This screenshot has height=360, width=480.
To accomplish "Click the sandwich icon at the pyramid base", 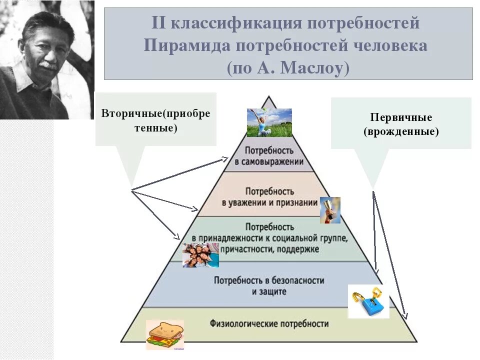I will point(165,334).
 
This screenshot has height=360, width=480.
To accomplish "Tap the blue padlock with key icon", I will point(368,301).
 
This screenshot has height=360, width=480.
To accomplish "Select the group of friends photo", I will point(200,255).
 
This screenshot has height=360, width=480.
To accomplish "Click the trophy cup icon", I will point(330,210).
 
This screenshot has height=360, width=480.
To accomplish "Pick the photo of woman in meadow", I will point(269,122).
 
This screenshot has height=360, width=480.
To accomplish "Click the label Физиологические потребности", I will point(269,323).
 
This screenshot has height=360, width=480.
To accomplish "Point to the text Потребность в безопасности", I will point(269,280).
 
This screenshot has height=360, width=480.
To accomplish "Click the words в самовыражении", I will point(269,162).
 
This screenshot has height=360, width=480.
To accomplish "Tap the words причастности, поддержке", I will point(269,249).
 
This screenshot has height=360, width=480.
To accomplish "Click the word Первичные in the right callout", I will point(401,117).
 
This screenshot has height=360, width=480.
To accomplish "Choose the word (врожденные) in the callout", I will point(401,132).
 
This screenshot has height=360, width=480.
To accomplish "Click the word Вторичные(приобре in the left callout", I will point(156,113).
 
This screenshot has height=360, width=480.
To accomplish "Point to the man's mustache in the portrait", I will point(48,65).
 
